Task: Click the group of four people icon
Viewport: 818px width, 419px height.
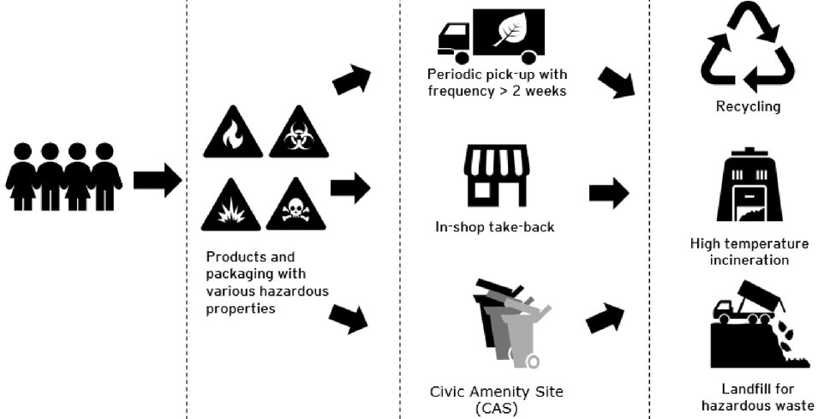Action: pos(63,177)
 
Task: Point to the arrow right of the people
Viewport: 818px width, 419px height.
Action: pos(158,180)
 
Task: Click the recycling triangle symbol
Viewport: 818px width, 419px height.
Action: pos(747,49)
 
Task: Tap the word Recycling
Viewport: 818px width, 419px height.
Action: pos(748,107)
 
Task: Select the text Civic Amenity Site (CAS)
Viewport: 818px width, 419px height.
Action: pos(497,399)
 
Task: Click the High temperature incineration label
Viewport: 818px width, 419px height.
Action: pos(749,251)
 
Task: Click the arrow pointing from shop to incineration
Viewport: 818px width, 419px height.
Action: pos(609,193)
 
